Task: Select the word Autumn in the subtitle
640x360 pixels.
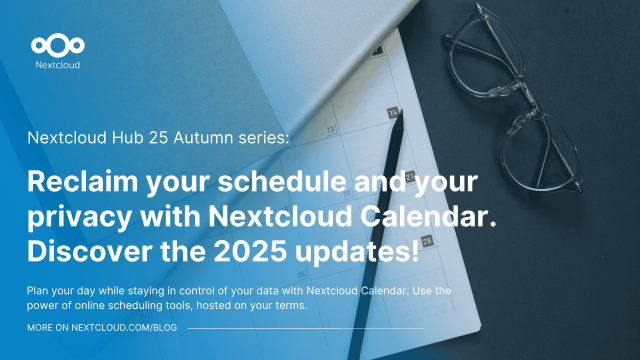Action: tap(218, 140)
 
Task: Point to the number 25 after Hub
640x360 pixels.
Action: tap(175, 140)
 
